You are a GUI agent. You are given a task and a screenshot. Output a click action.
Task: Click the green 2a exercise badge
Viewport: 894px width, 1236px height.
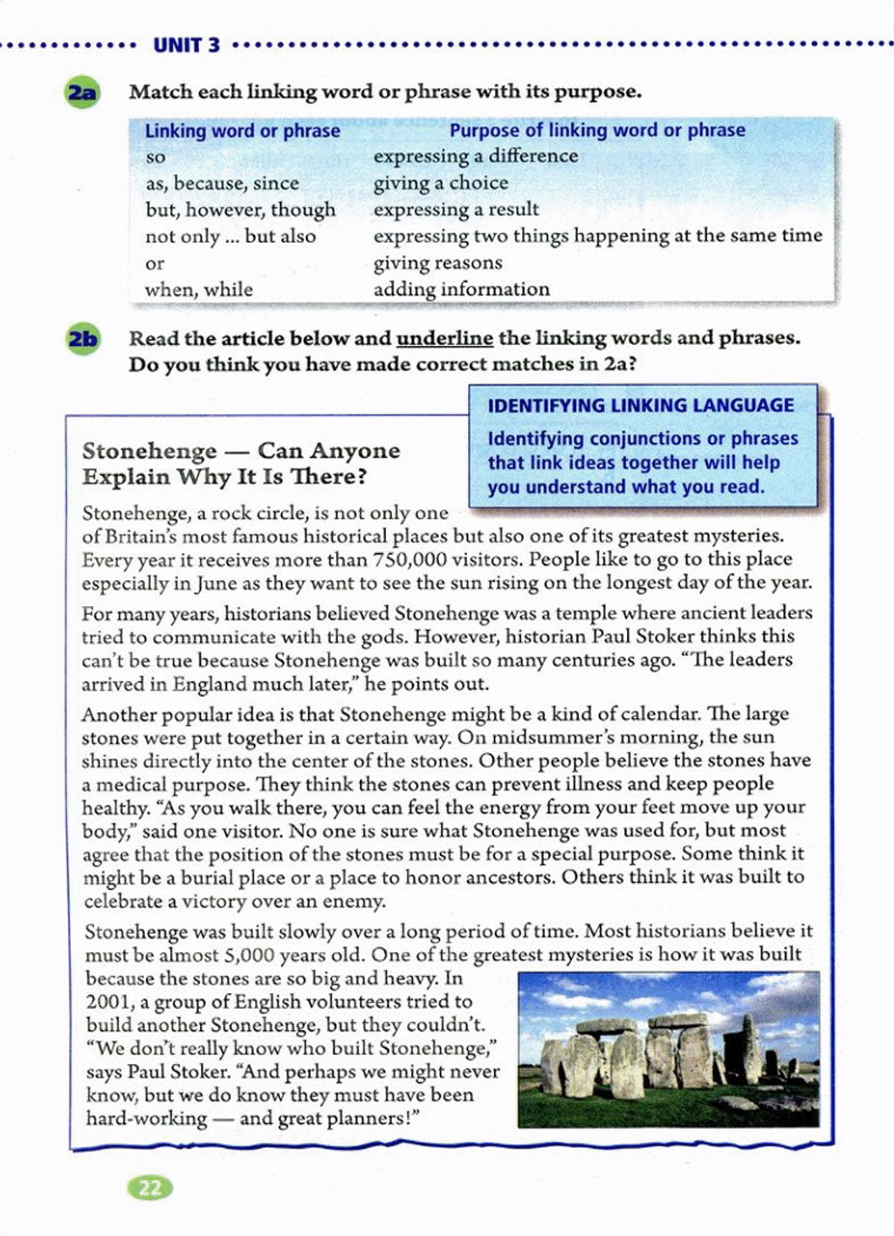(83, 92)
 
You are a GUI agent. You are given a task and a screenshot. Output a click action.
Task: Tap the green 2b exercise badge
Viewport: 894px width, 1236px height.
(83, 339)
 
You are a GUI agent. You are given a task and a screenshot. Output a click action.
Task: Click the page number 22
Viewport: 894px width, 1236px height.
(150, 1187)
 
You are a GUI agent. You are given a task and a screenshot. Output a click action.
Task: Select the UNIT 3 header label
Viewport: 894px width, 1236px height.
(187, 45)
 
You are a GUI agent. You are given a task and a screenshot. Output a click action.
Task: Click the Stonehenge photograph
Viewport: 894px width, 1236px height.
(668, 1048)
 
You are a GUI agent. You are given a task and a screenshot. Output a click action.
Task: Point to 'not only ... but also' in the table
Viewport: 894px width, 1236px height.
(230, 237)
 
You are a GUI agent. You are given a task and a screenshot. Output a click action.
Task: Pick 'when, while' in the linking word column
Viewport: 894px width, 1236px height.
(199, 290)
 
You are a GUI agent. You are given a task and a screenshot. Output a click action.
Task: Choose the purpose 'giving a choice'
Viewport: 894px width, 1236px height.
(441, 183)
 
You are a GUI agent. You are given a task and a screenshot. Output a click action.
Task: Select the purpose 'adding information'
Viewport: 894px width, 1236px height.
(462, 290)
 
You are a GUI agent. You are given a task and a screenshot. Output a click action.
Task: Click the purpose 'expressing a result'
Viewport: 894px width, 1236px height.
(456, 210)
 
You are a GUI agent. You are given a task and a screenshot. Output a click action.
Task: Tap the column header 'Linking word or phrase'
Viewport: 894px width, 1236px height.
(243, 131)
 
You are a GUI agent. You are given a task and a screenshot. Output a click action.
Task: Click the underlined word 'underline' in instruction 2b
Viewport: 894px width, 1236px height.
(444, 338)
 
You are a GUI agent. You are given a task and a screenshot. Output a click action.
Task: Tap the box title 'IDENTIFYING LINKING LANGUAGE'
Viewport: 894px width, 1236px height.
(641, 405)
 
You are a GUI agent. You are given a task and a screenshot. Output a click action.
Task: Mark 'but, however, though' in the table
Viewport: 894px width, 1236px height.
(240, 211)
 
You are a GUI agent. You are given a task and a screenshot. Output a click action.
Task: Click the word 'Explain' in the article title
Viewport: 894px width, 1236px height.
(126, 477)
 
